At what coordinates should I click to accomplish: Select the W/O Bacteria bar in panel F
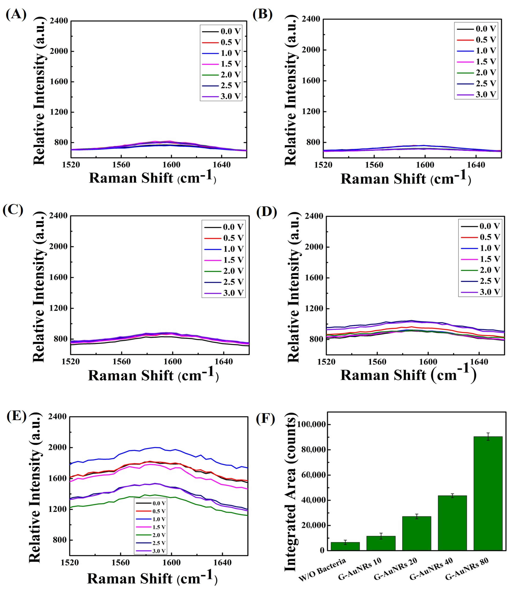pyautogui.click(x=345, y=546)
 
